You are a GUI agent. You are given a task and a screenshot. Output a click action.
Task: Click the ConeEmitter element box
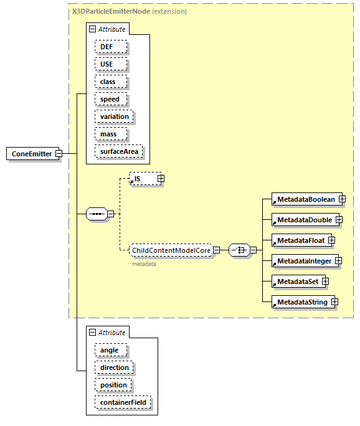pyautogui.click(x=32, y=154)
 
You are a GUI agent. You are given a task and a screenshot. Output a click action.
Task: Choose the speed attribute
pyautogui.click(x=110, y=99)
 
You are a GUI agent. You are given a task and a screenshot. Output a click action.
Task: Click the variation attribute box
pyautogui.click(x=114, y=116)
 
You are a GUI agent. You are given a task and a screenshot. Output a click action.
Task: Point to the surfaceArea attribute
pyautogui.click(x=118, y=151)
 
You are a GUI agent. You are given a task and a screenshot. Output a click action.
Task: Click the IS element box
pyautogui.click(x=142, y=179)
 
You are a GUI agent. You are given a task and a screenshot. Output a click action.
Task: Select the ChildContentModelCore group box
pyautogui.click(x=171, y=250)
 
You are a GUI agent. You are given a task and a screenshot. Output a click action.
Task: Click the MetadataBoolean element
pyautogui.click(x=305, y=199)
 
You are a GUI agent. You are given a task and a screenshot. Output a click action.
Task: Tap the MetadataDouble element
pyautogui.click(x=304, y=220)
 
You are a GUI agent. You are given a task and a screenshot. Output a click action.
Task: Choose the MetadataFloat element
pyautogui.click(x=300, y=240)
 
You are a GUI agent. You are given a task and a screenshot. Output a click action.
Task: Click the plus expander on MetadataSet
pyautogui.click(x=325, y=282)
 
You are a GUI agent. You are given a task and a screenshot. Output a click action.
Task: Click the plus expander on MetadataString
pyautogui.click(x=334, y=302)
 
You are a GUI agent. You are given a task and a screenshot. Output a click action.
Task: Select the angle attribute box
pyautogui.click(x=110, y=350)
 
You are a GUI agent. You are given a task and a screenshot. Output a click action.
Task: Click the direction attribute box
pyautogui.click(x=114, y=367)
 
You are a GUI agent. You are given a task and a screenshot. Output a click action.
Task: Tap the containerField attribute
pyautogui.click(x=122, y=402)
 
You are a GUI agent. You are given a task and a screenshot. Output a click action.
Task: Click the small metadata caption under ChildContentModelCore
pyautogui.click(x=144, y=264)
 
